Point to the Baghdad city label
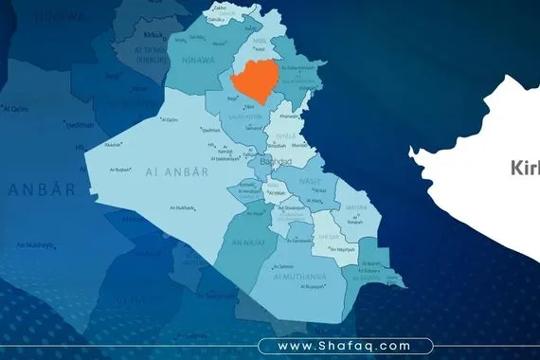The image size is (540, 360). (276, 162)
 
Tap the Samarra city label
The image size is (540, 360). (253, 127)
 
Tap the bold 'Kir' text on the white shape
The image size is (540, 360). (524, 168)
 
